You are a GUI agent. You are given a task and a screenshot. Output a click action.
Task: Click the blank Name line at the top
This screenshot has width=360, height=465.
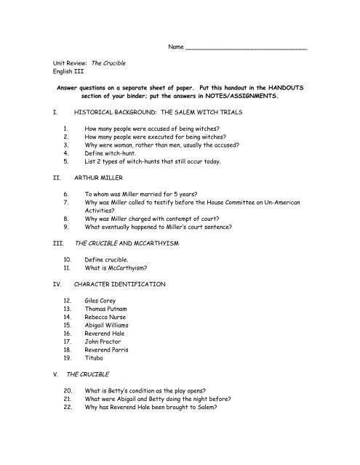pyautogui.click(x=247, y=49)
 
